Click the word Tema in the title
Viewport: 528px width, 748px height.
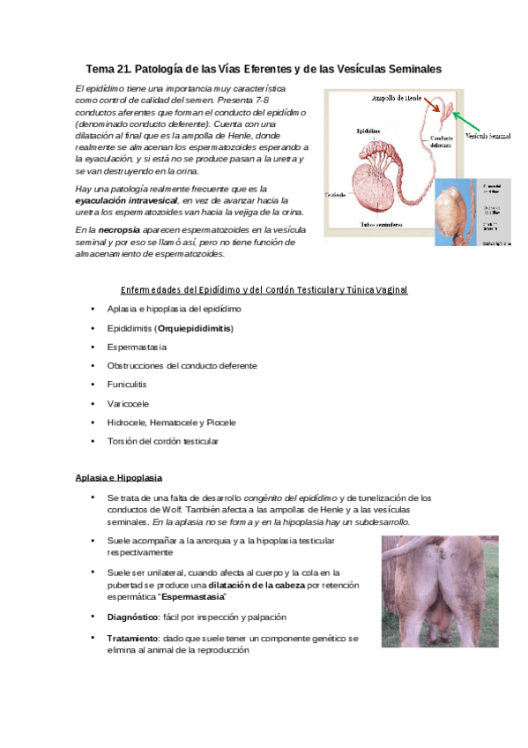coord(100,69)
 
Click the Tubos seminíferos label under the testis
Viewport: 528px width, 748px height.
coord(386,224)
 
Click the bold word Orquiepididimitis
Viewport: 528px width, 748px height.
coord(195,328)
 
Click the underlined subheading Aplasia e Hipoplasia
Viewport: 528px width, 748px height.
coord(119,477)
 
